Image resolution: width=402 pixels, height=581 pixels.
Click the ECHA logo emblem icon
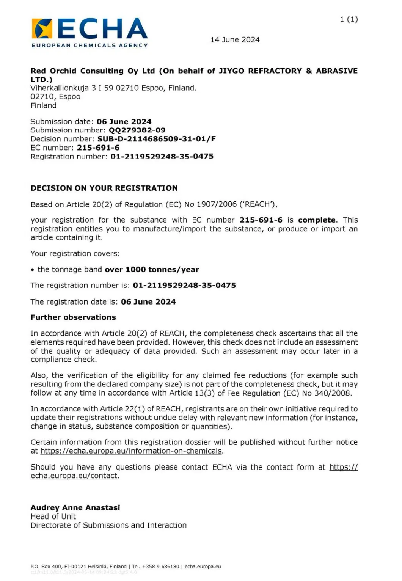click(x=42, y=28)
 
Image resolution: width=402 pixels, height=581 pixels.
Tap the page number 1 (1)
click(x=349, y=19)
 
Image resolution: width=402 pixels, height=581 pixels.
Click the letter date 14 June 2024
click(x=235, y=40)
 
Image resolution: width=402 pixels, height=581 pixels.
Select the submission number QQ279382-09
click(x=137, y=130)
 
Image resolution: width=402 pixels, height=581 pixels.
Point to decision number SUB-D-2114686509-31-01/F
click(x=157, y=139)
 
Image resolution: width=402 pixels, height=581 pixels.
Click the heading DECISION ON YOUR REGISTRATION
click(x=104, y=188)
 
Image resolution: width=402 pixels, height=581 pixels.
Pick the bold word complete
click(x=317, y=220)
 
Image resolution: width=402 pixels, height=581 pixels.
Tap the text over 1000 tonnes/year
click(x=152, y=270)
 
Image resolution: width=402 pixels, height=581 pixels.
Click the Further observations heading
click(x=73, y=317)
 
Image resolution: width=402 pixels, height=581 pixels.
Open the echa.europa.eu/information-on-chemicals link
click(x=131, y=451)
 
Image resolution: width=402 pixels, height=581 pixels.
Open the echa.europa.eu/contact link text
click(x=74, y=476)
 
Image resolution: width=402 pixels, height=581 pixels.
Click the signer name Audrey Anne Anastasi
click(x=75, y=508)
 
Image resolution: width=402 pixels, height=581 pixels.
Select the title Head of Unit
click(x=53, y=517)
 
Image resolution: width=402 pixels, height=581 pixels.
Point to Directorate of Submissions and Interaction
click(x=108, y=525)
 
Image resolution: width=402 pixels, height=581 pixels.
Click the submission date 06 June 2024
click(x=124, y=122)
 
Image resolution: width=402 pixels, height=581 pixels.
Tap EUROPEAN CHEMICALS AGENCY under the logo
click(x=90, y=46)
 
